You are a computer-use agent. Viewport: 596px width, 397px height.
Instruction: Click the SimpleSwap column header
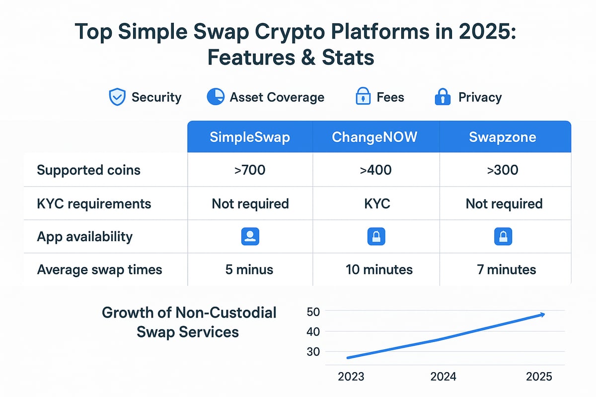[x=250, y=137]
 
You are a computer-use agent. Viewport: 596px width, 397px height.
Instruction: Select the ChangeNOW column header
[x=375, y=137]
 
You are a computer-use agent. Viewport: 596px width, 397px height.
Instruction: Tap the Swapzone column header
[x=503, y=137]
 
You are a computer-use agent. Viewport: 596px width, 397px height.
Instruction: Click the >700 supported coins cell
[x=250, y=170]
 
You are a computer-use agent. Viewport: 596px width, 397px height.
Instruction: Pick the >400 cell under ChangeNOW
[x=375, y=170]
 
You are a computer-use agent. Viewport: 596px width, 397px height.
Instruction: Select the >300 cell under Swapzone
[x=503, y=170]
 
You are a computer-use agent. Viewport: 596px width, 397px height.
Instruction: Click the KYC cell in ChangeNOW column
[x=375, y=203]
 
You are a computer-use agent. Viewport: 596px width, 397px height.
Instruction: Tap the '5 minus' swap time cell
[x=250, y=269]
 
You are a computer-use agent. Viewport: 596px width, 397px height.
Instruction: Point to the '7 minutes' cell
[x=503, y=269]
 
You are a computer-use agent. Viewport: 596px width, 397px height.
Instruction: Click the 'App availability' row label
[x=84, y=237]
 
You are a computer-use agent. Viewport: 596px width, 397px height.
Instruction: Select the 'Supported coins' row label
[x=88, y=170]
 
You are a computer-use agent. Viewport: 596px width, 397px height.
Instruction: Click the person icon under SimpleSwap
[x=250, y=237]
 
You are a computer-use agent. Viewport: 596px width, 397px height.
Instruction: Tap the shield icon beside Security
[x=116, y=97]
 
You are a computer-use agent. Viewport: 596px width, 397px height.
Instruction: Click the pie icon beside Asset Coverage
[x=216, y=97]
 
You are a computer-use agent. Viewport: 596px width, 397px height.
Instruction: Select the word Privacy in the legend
[x=480, y=97]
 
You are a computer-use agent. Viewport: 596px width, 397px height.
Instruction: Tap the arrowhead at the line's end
[x=542, y=314]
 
